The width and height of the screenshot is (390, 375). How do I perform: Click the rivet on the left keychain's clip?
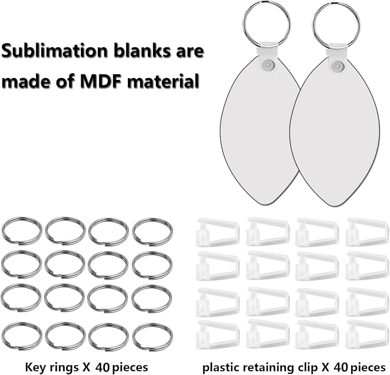click(267, 64)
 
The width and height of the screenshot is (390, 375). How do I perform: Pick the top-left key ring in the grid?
click(22, 231)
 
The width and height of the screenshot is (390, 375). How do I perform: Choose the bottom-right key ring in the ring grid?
click(152, 336)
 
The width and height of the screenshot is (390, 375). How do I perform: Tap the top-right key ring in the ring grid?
click(152, 231)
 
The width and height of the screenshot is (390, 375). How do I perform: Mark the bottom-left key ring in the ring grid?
click(22, 336)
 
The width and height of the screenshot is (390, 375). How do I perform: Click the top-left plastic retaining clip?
click(218, 232)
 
